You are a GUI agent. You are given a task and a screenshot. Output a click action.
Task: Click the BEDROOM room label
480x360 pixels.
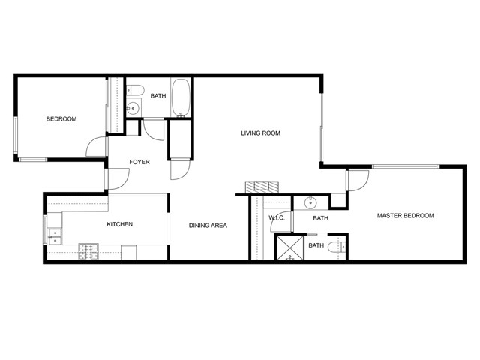61,118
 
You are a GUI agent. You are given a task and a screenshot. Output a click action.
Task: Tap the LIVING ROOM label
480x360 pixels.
260,133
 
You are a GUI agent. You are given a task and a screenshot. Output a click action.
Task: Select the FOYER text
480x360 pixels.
139,162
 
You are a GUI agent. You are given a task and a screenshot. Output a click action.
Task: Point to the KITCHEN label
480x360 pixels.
120,224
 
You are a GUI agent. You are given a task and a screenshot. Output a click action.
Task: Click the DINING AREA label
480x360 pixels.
208,226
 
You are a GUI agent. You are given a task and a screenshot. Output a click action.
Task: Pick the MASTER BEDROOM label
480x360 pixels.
405,215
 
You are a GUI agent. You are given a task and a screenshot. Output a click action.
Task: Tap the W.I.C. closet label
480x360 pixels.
277,218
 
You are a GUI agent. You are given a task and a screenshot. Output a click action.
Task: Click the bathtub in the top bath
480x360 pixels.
181,98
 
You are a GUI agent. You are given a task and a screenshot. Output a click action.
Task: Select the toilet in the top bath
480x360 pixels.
135,90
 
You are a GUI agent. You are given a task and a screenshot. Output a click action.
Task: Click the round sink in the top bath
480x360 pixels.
133,108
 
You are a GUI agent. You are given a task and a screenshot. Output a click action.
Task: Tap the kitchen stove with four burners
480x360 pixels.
88,252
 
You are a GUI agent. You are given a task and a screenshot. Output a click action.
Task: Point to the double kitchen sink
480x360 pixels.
55,237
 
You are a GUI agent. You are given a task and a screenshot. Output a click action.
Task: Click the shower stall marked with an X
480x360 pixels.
290,248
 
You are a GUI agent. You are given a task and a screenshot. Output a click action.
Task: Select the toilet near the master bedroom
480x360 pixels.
337,247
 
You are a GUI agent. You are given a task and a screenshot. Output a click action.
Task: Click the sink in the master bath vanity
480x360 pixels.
310,202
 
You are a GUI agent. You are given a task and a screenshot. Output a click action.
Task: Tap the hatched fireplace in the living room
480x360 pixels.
262,187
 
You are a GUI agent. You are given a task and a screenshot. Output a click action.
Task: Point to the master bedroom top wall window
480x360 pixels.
405,166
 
